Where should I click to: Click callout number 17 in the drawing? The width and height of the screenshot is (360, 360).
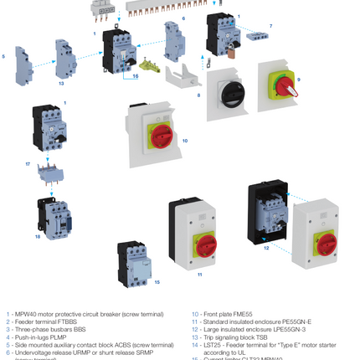tap(28, 164)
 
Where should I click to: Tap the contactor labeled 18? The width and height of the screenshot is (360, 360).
tap(50, 216)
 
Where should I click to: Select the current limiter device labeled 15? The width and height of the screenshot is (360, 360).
tap(133, 260)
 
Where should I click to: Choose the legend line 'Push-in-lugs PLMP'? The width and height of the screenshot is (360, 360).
tap(46, 337)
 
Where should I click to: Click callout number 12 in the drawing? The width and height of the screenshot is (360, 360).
tap(266, 248)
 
